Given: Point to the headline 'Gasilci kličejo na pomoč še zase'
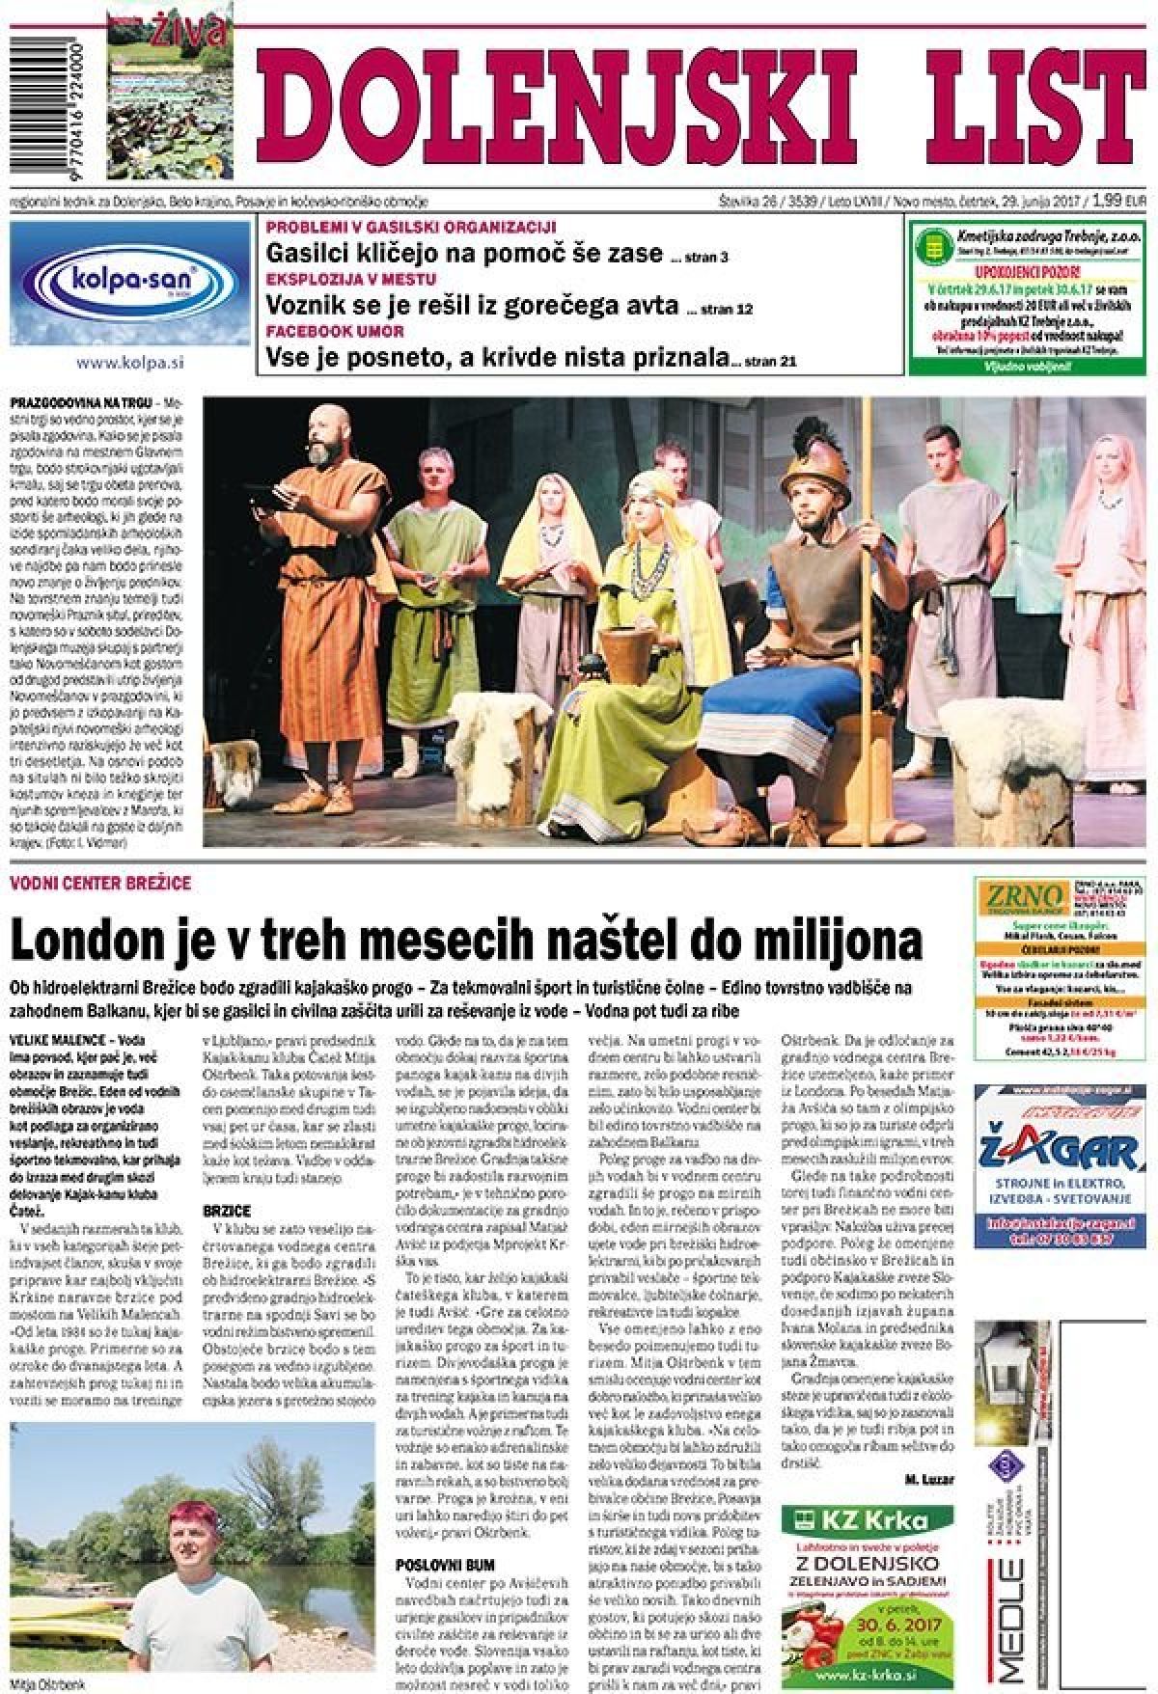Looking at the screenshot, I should coord(464,254).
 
